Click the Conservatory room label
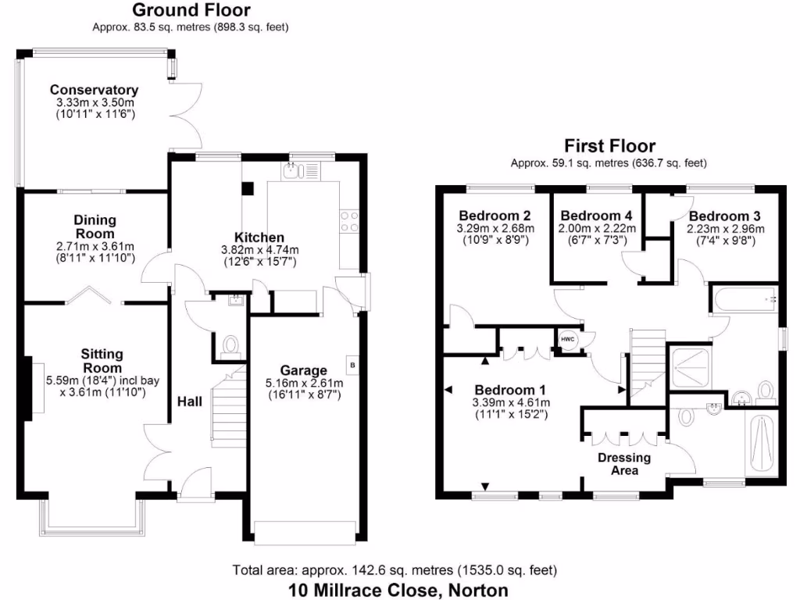[94, 90]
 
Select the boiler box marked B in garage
[352, 366]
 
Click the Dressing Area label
[624, 464]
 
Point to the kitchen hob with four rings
[349, 222]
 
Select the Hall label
[189, 402]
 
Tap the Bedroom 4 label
[596, 216]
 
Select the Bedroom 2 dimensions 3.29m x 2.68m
[495, 229]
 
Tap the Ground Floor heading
[191, 10]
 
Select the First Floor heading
[609, 146]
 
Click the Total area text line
[395, 570]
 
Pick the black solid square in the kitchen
[247, 188]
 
